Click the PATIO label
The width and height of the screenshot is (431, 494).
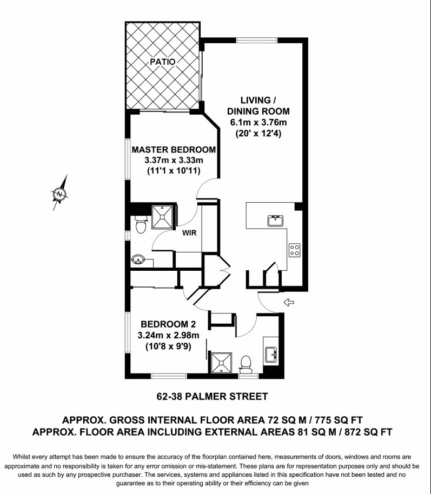(x=162, y=62)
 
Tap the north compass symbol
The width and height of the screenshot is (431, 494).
(x=59, y=193)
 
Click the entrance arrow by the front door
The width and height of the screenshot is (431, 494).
(x=289, y=303)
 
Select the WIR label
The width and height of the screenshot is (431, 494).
(x=189, y=233)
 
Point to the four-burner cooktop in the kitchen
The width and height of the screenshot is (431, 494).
(x=295, y=250)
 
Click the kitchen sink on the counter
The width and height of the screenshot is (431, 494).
(x=276, y=221)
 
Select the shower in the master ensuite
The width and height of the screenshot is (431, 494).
(x=162, y=217)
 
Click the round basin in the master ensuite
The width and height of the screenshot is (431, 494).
(x=138, y=259)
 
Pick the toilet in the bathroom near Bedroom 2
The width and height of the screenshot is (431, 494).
(x=246, y=363)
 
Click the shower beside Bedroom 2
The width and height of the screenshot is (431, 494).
(x=221, y=363)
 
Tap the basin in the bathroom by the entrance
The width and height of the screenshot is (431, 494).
(x=271, y=355)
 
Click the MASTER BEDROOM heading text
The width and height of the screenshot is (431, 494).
(x=174, y=150)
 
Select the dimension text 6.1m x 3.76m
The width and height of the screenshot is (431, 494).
(x=258, y=122)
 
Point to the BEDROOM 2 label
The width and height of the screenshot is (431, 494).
(x=168, y=324)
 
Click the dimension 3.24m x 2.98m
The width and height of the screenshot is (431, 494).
(x=168, y=335)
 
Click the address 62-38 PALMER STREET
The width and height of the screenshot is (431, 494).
(x=212, y=396)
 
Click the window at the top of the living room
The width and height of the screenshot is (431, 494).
(x=257, y=41)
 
